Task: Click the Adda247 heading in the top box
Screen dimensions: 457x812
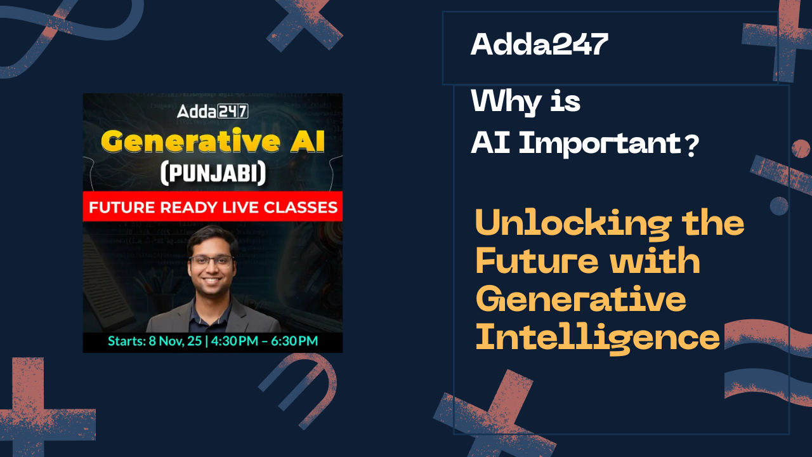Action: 539,44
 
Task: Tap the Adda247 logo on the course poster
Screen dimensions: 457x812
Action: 213,112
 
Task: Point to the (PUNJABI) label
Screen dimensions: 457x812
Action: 213,173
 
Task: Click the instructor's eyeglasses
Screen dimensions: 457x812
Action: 213,261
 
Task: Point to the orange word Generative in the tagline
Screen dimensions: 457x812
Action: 580,299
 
